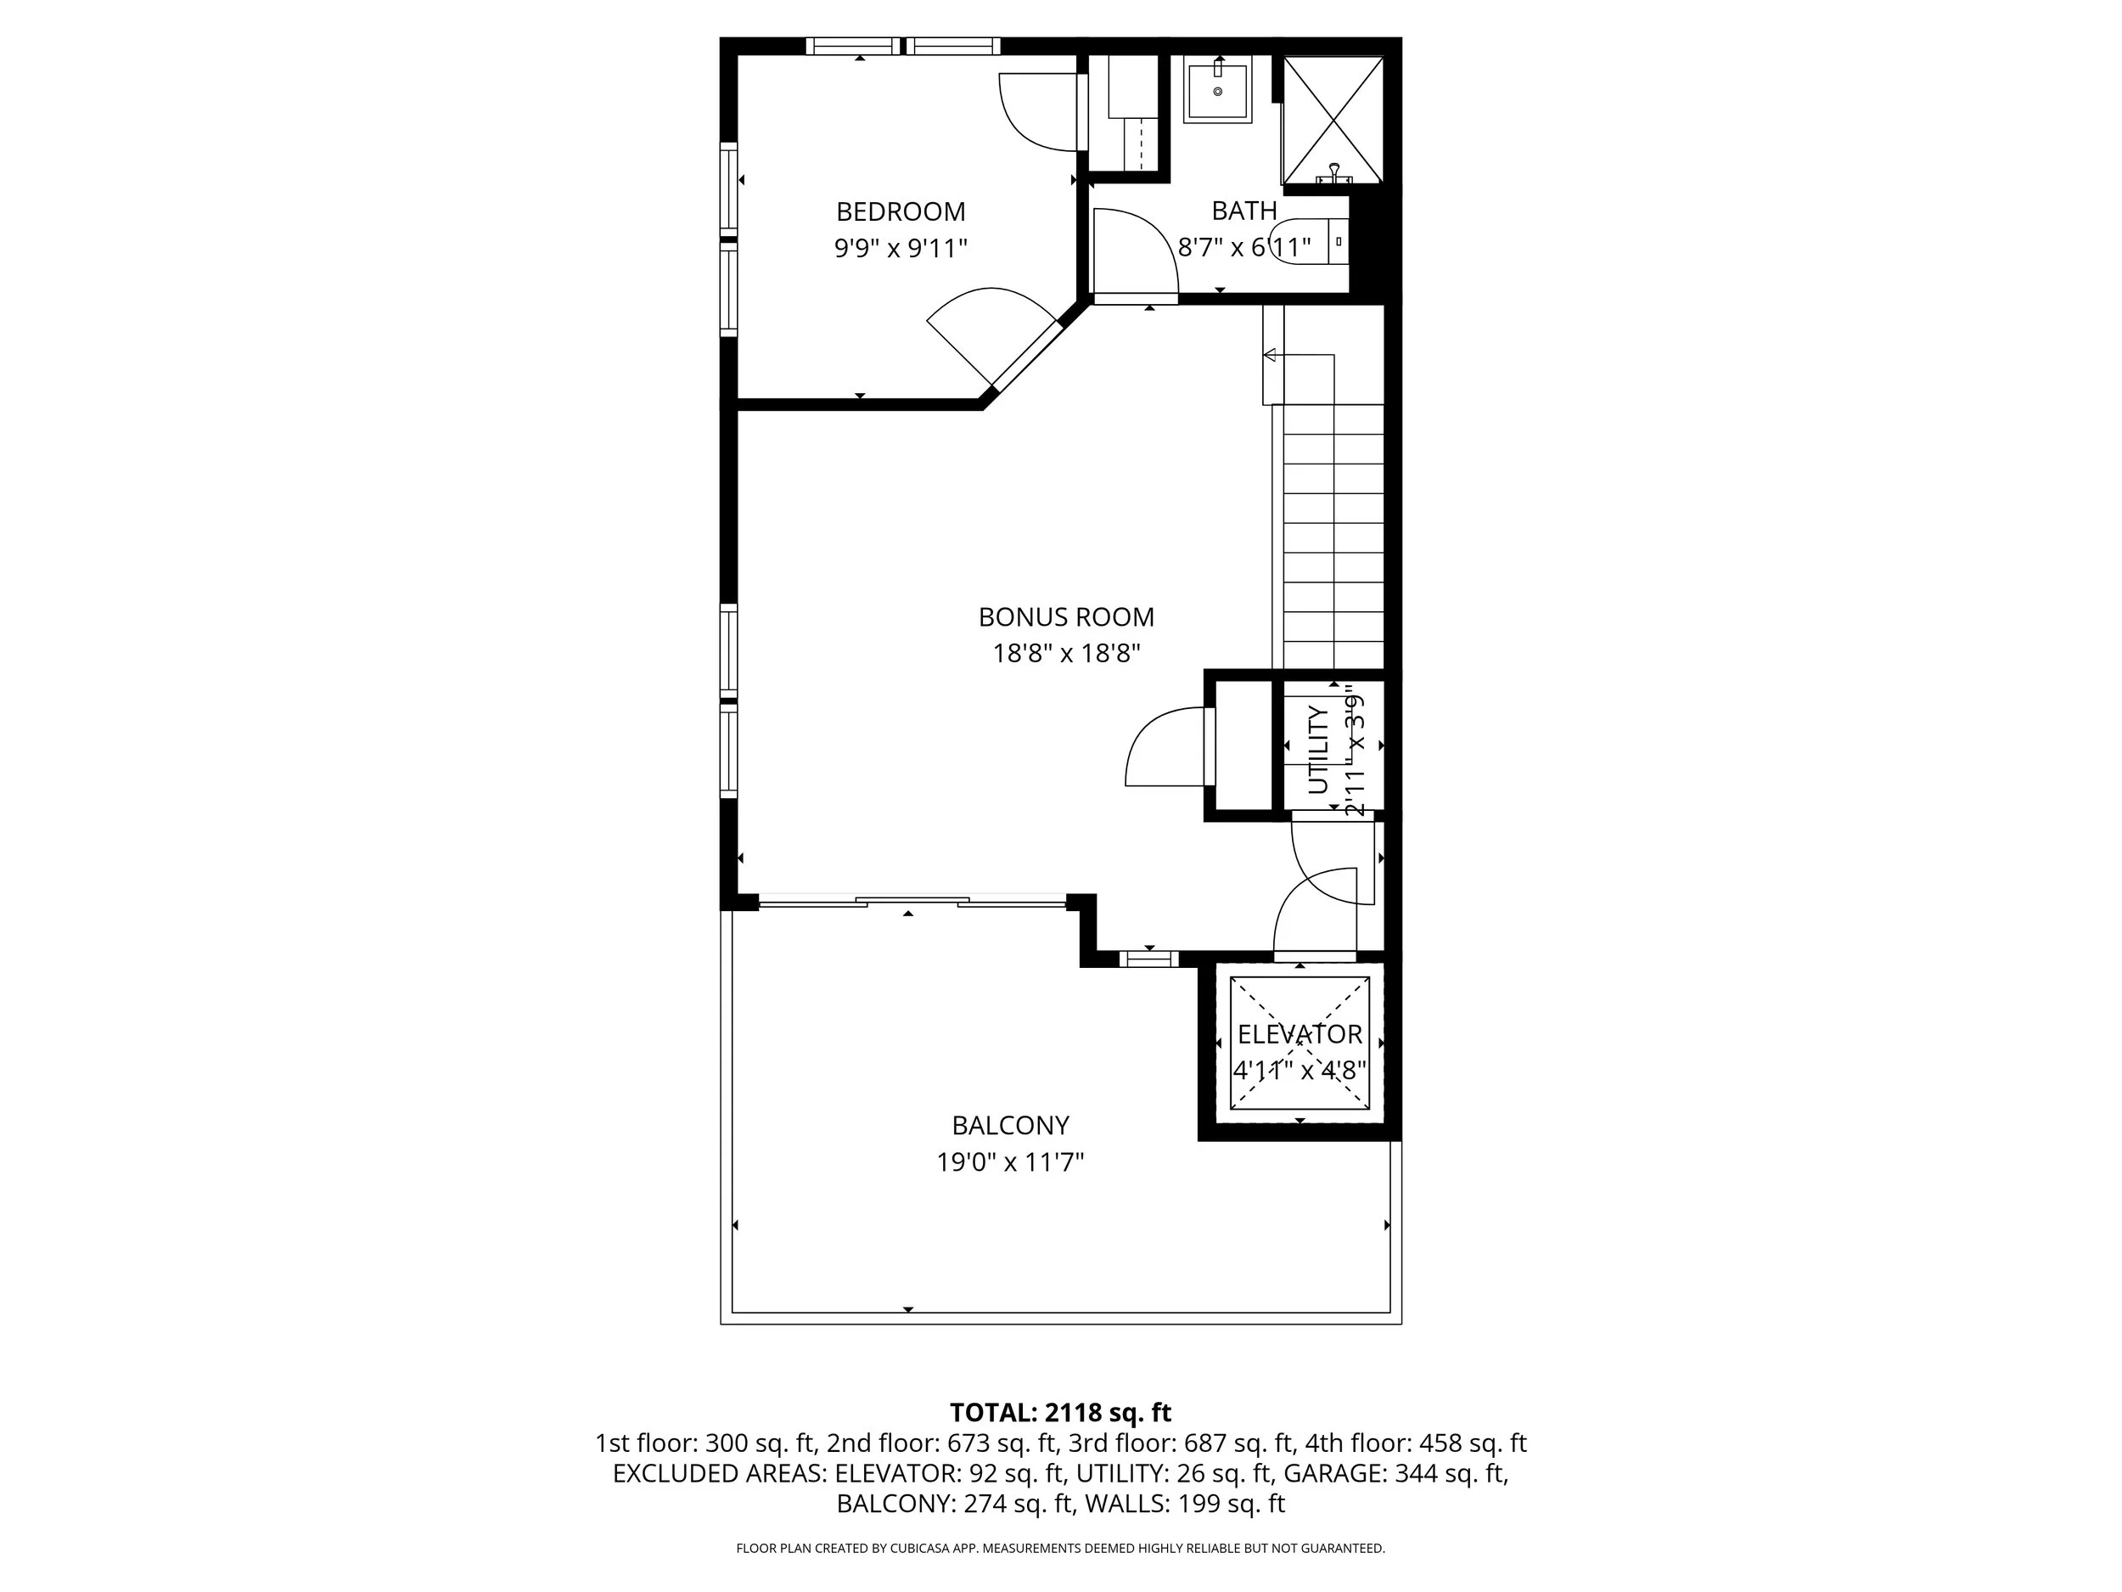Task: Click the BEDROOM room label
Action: [x=900, y=211]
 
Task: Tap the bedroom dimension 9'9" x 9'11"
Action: [x=900, y=249]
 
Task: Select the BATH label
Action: [x=1243, y=211]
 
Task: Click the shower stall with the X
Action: [x=1333, y=119]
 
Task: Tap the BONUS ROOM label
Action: [x=1065, y=616]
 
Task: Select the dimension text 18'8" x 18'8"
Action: [x=1065, y=654]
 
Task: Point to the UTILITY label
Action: [x=1318, y=751]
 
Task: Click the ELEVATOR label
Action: [x=1299, y=1034]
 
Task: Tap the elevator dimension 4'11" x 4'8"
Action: [x=1299, y=1070]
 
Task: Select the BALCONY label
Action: [x=1009, y=1125]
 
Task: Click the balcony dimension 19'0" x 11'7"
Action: [x=1009, y=1162]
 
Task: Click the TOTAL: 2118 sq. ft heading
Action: [x=1060, y=1413]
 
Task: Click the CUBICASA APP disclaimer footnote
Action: [x=1060, y=1548]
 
